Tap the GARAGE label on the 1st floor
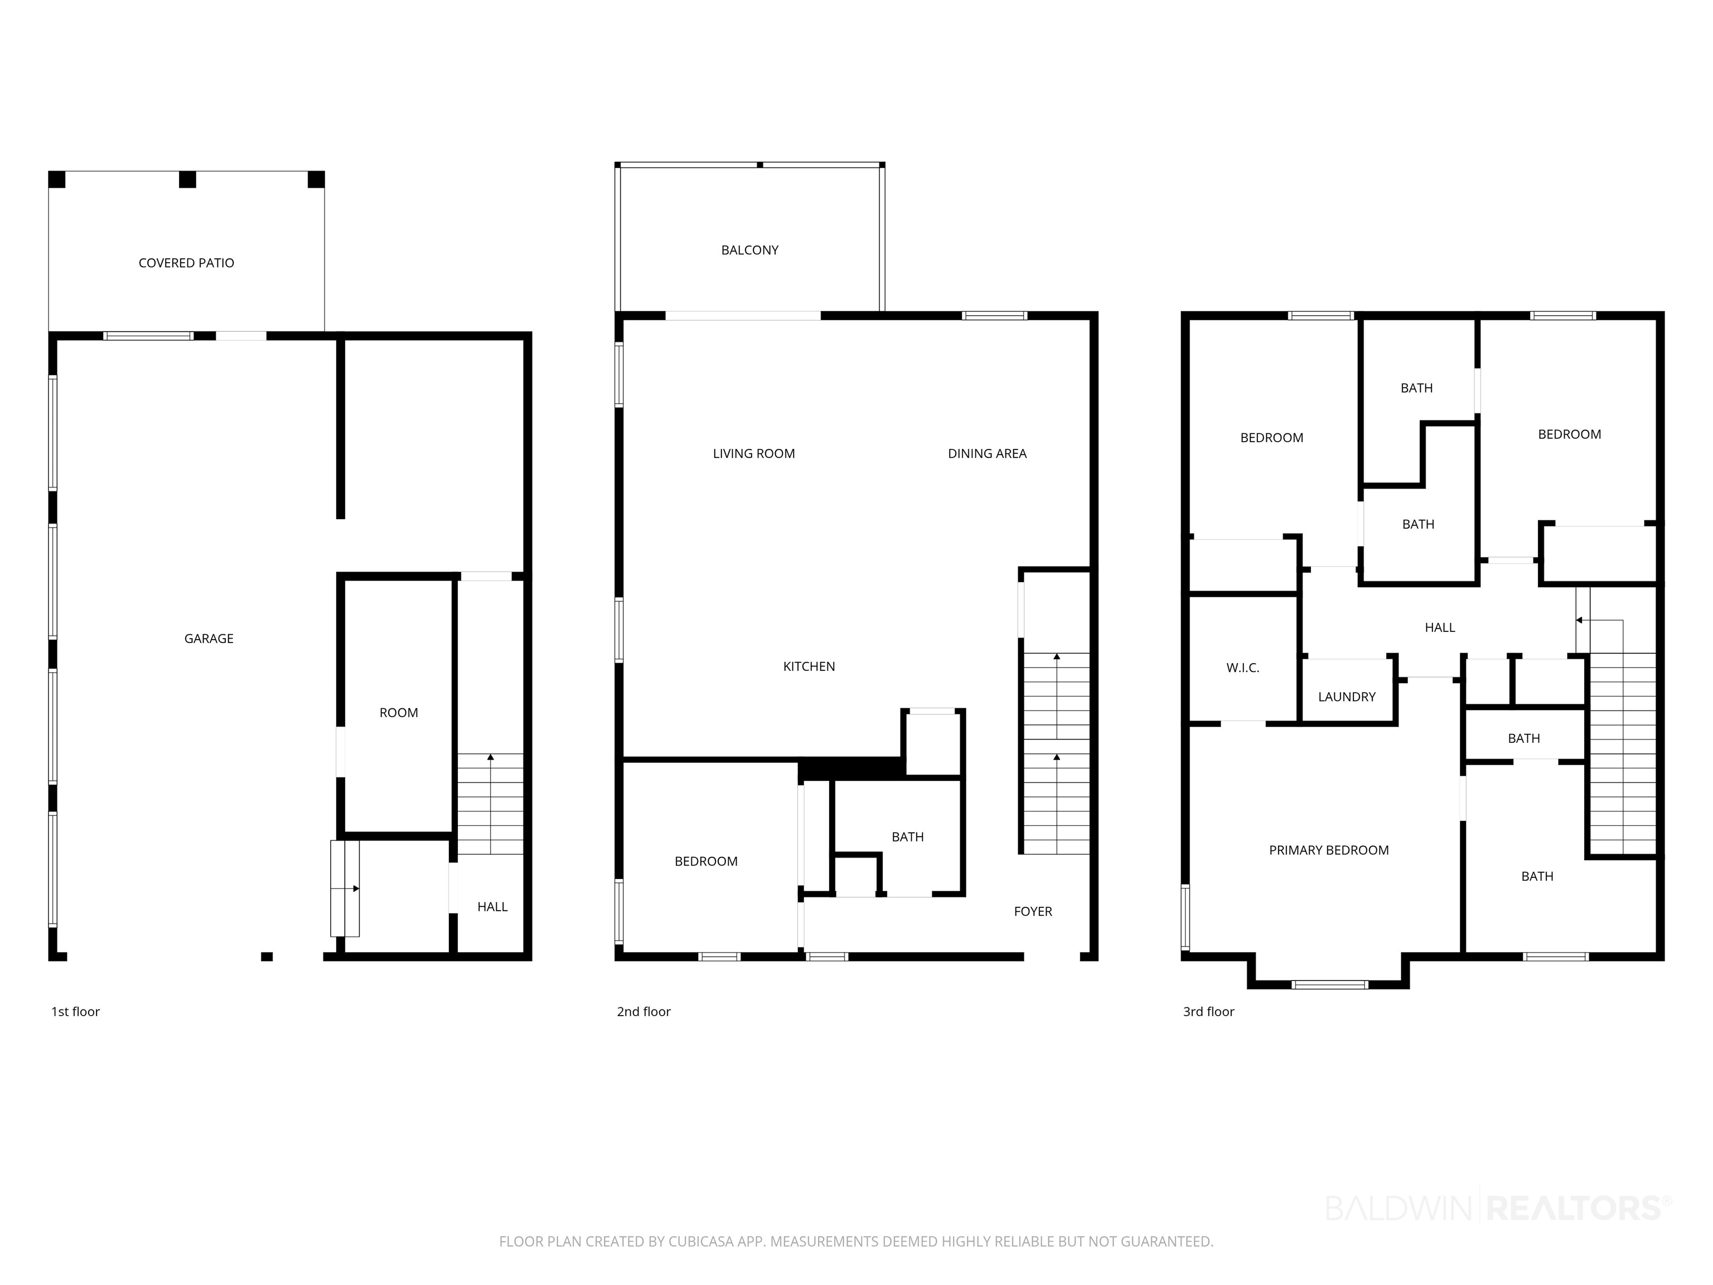point(209,638)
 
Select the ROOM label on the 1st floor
point(399,713)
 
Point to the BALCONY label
point(749,250)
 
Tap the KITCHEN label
point(809,666)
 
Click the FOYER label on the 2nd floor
point(1033,912)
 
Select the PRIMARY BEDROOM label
point(1329,851)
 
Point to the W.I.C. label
point(1243,668)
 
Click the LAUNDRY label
point(1347,697)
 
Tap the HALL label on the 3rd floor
point(1440,627)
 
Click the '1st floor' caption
point(75,1012)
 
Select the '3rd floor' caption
point(1208,1012)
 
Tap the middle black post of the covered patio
point(187,180)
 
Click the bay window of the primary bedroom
point(1330,984)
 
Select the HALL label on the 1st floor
point(492,907)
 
